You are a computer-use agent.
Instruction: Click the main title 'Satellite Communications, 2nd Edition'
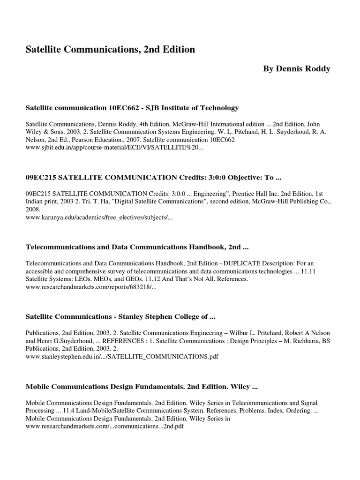click(110, 49)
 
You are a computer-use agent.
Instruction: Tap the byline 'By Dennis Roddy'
click(296, 69)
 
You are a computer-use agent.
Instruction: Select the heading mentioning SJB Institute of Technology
click(132, 108)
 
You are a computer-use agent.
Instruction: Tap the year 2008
click(33, 210)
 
